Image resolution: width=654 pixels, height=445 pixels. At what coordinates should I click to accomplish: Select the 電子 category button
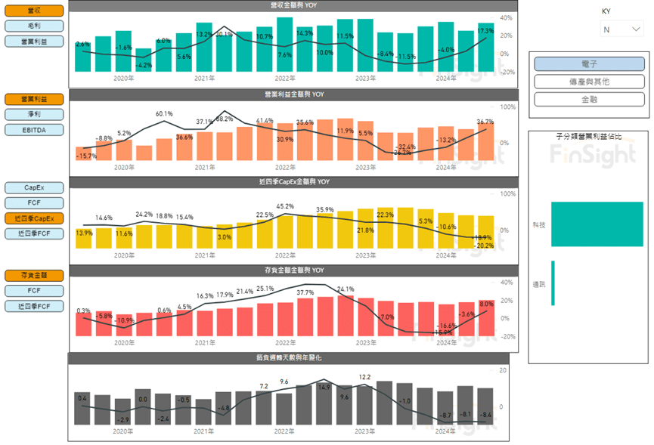588,64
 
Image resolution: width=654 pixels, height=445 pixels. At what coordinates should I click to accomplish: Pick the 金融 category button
588,99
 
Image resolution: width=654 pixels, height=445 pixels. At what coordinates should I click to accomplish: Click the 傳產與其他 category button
588,82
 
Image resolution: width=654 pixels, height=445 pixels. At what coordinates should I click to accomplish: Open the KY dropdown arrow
636,29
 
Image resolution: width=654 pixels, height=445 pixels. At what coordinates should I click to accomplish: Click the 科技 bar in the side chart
597,224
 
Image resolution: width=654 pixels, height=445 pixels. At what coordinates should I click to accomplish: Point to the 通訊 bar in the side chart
553,283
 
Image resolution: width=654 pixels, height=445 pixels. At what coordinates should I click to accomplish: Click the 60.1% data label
164,114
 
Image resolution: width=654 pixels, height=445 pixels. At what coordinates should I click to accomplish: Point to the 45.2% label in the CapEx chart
285,206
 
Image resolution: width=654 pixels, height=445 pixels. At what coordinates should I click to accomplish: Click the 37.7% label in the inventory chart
305,292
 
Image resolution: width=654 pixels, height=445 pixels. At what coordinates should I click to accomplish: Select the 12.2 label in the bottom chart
364,376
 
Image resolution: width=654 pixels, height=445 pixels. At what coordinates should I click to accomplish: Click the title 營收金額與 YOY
293,5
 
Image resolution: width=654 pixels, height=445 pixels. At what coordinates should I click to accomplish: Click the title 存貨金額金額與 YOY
293,270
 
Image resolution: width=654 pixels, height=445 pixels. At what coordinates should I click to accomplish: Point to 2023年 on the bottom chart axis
365,431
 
